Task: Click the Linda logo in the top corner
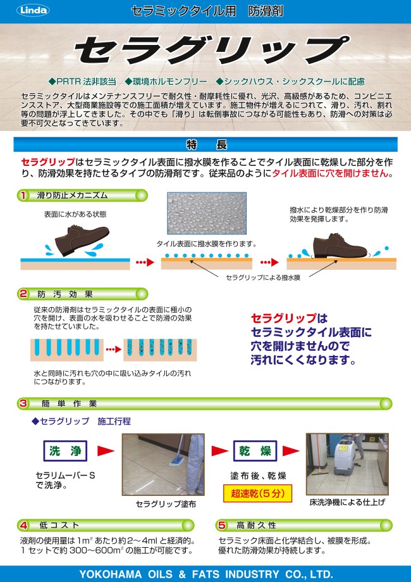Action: click(33, 10)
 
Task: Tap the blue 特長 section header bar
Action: click(205, 145)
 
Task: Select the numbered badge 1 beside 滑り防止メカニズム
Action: click(23, 195)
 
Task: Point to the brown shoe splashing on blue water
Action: click(80, 240)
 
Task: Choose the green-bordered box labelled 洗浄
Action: click(65, 451)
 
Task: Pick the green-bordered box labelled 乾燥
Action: click(255, 451)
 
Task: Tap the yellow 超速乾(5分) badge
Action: click(257, 493)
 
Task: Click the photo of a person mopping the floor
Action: click(163, 464)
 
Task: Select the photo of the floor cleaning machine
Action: click(347, 464)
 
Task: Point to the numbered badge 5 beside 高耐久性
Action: click(222, 525)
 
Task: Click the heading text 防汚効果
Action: click(65, 294)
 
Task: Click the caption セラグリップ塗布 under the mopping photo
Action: click(166, 504)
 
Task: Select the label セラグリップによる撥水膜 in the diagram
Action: click(263, 277)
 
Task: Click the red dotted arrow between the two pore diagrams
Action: click(114, 350)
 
